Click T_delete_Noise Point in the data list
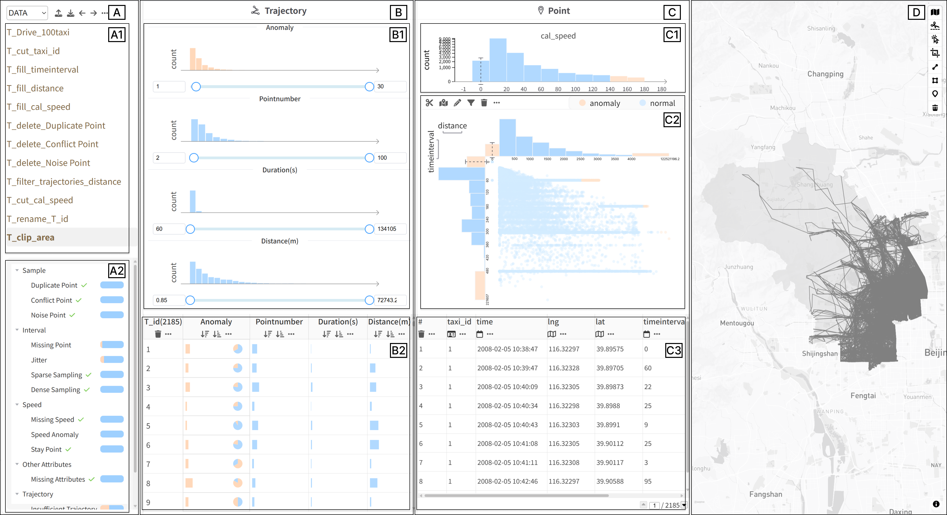[x=49, y=163]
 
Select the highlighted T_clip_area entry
[x=31, y=238]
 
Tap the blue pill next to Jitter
[x=112, y=360]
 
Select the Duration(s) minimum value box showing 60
[x=169, y=229]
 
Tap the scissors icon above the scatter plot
[x=429, y=103]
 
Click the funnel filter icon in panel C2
[x=471, y=103]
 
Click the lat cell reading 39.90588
[x=610, y=481]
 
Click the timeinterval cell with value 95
[x=648, y=481]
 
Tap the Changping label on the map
[x=825, y=74]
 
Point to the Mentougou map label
[x=737, y=323]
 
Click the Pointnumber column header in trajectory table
[x=279, y=322]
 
